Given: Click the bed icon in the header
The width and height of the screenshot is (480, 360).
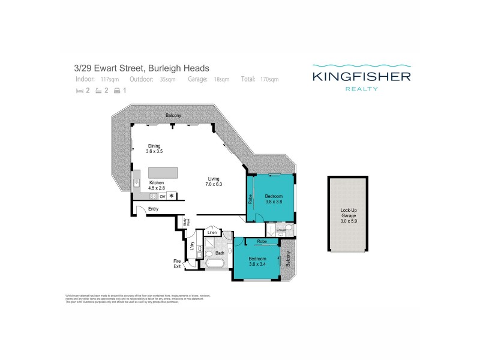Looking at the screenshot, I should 79,91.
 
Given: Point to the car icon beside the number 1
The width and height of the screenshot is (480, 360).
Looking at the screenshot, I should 117,91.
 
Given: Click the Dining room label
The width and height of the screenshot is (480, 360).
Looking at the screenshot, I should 154,146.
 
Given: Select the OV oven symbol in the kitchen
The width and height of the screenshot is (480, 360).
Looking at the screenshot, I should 162,196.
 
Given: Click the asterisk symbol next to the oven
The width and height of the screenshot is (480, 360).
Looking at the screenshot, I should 172,196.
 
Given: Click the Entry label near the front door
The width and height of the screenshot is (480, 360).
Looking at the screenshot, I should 153,209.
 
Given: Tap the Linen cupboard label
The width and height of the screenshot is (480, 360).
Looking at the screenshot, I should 211,232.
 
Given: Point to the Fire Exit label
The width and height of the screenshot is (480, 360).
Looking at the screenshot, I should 178,263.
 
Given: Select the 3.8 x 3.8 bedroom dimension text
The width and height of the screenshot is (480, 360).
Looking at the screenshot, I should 274,202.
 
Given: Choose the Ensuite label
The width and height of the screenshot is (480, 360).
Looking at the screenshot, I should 272,229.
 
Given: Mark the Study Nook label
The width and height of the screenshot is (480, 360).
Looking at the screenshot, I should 187,223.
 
